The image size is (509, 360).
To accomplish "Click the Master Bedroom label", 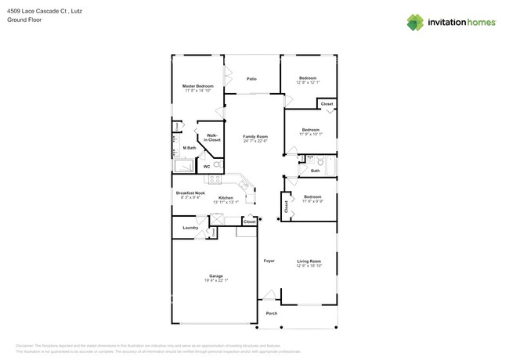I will point(198,86).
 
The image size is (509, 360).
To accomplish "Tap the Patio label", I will point(252,79).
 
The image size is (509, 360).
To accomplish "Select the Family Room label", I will point(255,136).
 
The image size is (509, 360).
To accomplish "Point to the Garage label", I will point(216,275).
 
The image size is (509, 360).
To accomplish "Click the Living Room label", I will point(309,261).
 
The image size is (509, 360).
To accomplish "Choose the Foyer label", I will point(269,261).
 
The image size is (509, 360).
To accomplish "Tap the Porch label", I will point(272,313).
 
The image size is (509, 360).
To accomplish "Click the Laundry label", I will point(190,228).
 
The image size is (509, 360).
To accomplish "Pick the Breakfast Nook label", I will point(190,193).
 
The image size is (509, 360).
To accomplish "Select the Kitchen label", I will point(226,198).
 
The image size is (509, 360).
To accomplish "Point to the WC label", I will point(207,166).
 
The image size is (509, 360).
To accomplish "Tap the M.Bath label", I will point(189,148).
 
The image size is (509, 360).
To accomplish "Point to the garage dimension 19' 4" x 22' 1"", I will point(216,280).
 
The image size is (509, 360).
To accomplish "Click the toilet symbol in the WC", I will point(217,165).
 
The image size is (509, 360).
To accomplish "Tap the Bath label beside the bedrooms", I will point(315,171).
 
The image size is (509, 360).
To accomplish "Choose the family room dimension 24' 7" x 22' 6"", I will point(255,141).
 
